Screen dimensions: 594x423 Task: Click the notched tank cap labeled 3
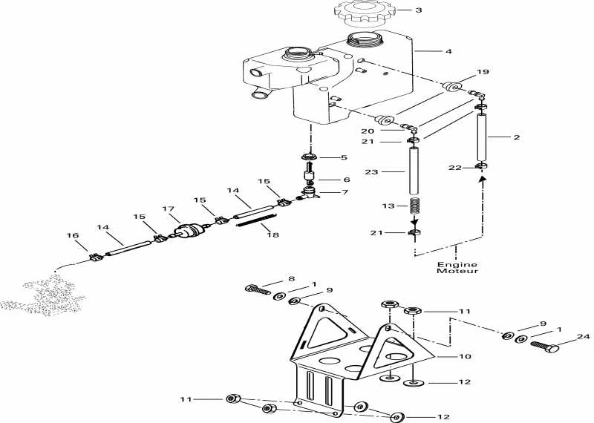point(363,13)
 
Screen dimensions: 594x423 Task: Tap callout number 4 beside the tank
point(448,51)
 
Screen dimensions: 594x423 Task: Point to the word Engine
point(457,264)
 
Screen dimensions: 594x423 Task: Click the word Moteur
point(457,271)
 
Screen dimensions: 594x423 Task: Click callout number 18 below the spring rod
point(272,235)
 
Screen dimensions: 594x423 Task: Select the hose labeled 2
point(482,137)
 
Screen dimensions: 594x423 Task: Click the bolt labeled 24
point(545,346)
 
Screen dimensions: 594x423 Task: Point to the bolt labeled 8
point(258,289)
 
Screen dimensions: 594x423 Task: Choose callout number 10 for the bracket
point(465,356)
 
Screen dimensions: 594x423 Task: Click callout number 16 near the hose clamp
point(72,235)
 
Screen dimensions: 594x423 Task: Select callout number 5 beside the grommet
point(344,157)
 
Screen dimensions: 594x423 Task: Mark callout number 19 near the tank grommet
point(483,71)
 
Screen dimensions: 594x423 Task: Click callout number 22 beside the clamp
point(454,168)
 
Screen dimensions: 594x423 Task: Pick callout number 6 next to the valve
point(346,180)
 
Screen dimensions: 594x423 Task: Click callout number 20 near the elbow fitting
point(368,131)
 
